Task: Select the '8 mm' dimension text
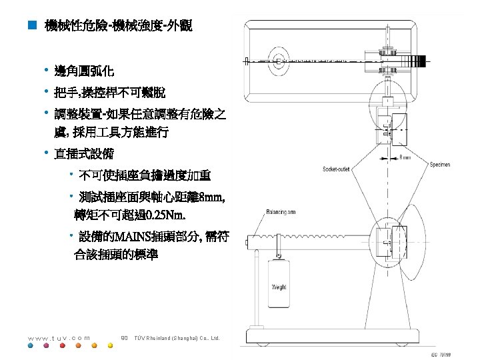tap(405, 159)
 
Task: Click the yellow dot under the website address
tap(93, 345)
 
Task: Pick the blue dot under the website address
tap(29, 345)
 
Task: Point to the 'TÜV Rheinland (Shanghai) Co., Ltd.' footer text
tap(179, 338)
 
